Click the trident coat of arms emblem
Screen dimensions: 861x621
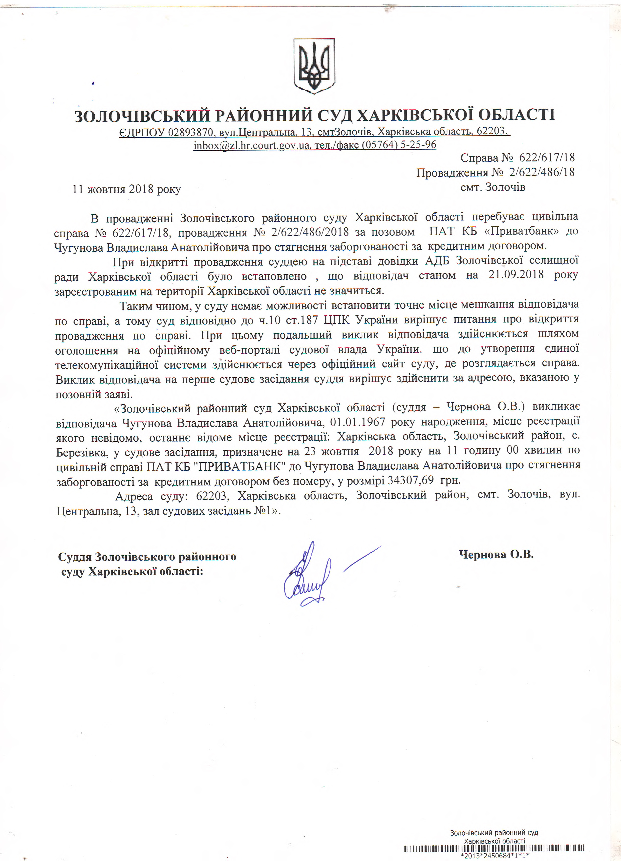coord(314,66)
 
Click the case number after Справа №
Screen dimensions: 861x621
coord(547,158)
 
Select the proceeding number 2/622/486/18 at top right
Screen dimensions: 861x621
coord(542,172)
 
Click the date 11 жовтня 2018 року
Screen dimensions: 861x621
coord(127,189)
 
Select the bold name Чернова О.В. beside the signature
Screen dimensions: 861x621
coord(496,555)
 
